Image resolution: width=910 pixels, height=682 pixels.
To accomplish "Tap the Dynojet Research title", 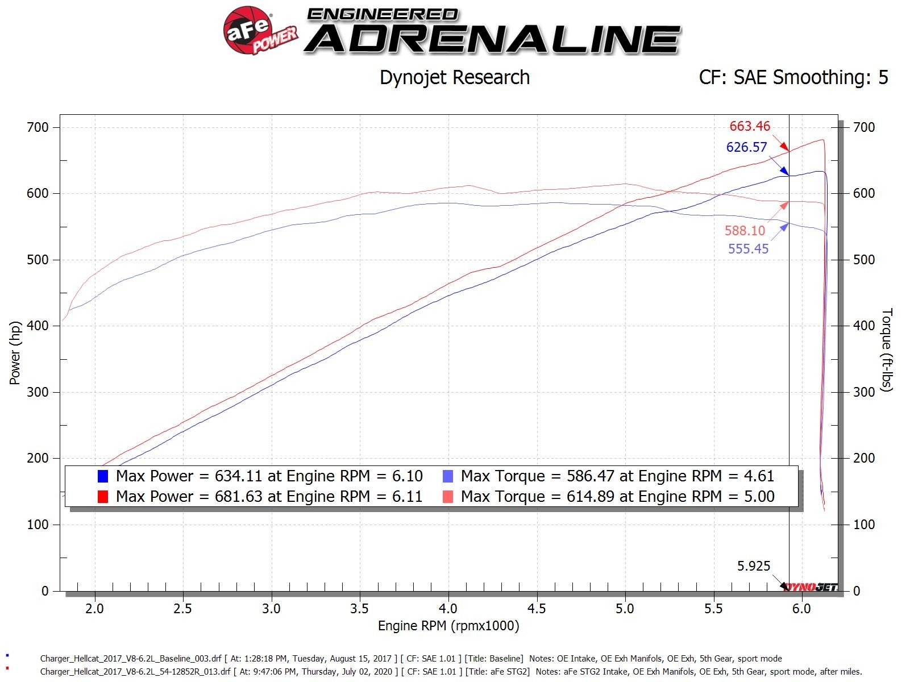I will [x=454, y=77].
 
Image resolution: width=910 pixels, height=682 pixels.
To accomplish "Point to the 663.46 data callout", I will [x=750, y=126].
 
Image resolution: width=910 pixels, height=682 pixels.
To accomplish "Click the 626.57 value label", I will [x=746, y=147].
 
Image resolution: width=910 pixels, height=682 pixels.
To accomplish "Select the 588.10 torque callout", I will [x=745, y=230].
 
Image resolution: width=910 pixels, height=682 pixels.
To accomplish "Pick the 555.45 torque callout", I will [x=748, y=248].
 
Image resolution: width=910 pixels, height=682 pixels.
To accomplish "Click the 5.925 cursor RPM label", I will [x=754, y=565].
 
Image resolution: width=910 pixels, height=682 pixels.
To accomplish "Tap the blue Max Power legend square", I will [x=103, y=476].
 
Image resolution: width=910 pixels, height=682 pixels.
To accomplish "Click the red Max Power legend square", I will [x=103, y=497].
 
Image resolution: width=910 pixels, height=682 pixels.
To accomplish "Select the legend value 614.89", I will [x=591, y=497].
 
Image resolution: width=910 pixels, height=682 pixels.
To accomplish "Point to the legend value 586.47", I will [x=591, y=476].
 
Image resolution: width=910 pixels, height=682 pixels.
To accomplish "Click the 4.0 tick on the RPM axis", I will [x=448, y=609].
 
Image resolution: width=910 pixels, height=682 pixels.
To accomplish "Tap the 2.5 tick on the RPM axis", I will [x=182, y=609].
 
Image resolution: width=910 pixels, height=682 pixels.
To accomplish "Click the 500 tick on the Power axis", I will [x=38, y=260].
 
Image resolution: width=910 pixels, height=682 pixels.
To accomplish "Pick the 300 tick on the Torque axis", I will [x=864, y=392].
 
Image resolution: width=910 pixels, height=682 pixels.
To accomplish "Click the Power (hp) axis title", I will [x=15, y=353].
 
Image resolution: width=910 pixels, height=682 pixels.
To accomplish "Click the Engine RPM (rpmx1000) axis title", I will [x=448, y=626].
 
